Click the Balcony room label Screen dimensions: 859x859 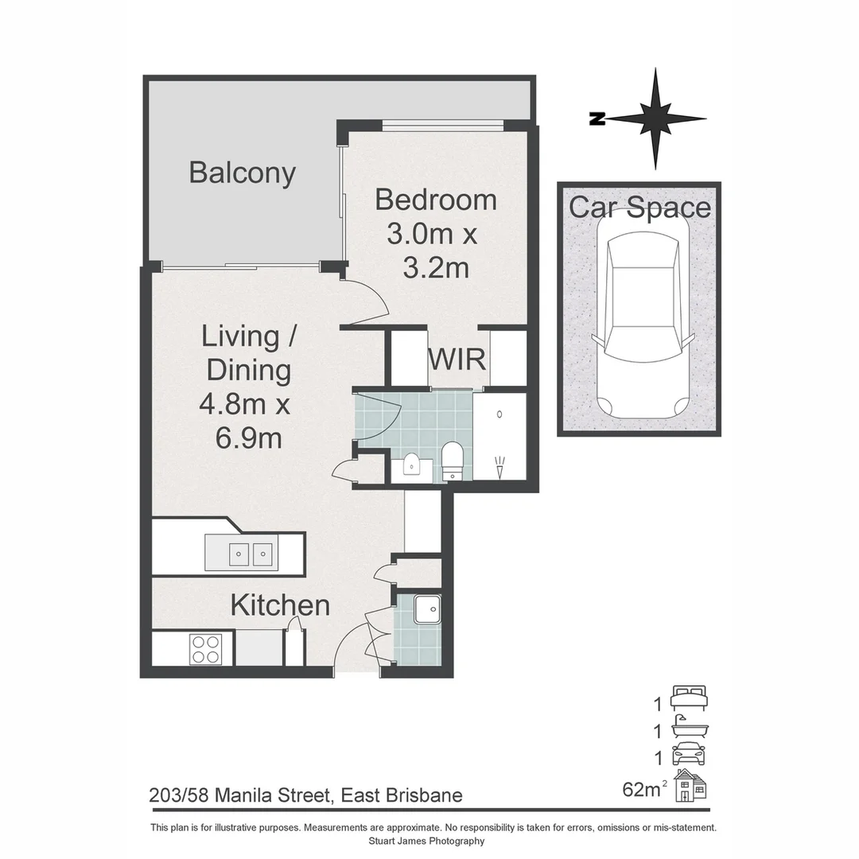242,173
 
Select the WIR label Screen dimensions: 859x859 457,359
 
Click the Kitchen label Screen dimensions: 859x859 280,605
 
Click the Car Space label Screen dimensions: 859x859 639,208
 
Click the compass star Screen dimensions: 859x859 656,119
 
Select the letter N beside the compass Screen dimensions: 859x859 596,119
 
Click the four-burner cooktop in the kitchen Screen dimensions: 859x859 204,648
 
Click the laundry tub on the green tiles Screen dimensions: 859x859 426,610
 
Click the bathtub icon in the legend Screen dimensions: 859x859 688,726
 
